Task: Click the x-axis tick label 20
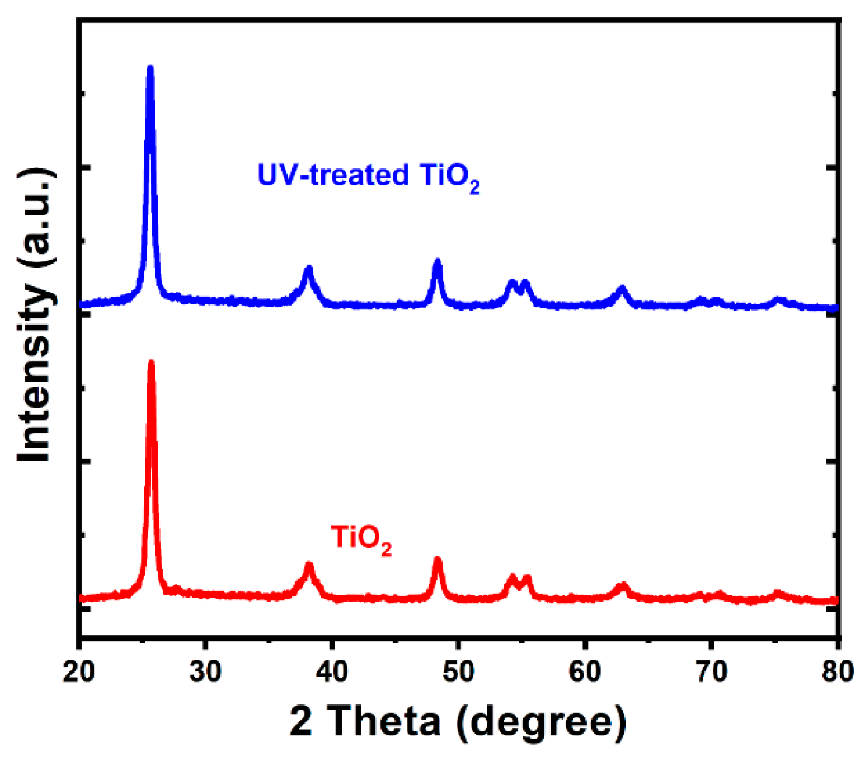coord(79,671)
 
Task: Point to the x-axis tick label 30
coord(205,671)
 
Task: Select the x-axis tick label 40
coord(332,671)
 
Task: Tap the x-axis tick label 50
coord(458,671)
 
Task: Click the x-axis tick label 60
coord(585,671)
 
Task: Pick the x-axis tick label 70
coord(711,671)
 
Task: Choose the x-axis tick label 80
coord(838,671)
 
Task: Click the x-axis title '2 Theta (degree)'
coord(458,722)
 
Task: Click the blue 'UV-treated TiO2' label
coord(368,176)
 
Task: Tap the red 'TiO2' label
coord(361,538)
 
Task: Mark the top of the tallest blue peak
coord(150,68)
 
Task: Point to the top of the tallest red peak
coord(151,363)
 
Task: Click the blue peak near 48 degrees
coord(438,261)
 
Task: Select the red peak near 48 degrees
coord(438,559)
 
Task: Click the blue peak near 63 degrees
coord(622,288)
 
